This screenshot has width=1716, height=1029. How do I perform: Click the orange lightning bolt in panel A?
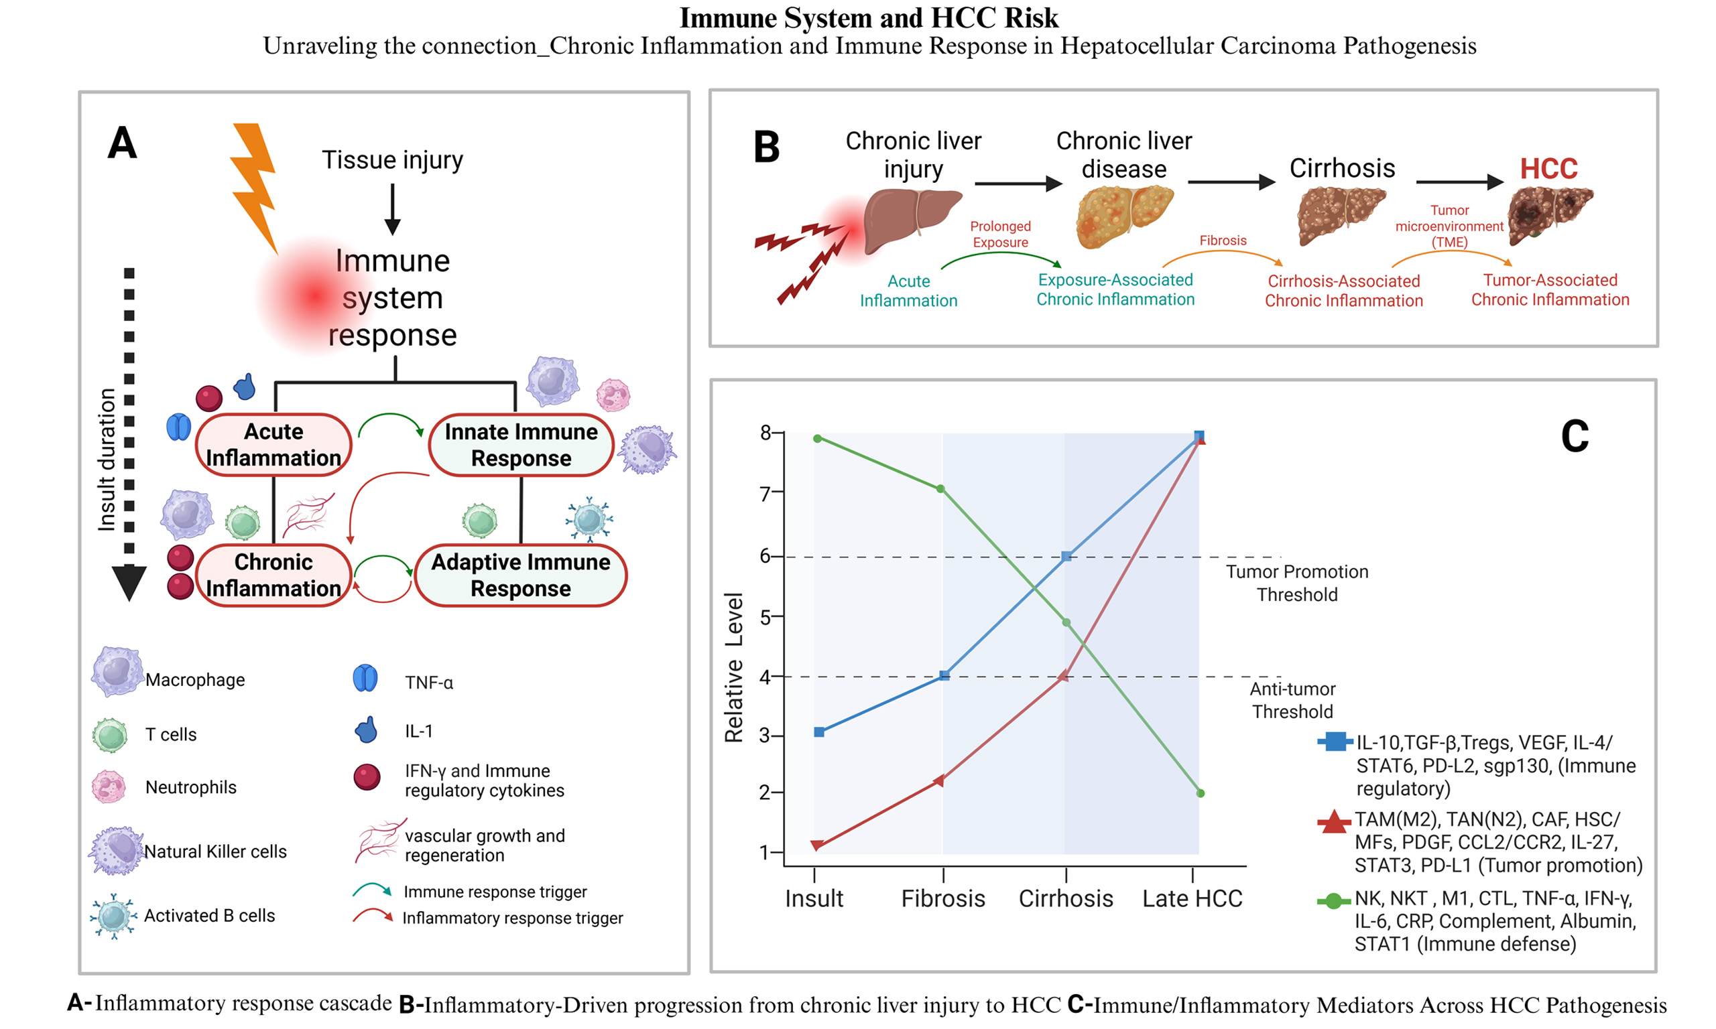(x=254, y=184)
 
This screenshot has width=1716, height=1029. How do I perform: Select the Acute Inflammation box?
(x=273, y=444)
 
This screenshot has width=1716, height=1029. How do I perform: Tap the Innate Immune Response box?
(x=521, y=445)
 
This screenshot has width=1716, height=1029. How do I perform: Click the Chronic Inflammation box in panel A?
(x=273, y=575)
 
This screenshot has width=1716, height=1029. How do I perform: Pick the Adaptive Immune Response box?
(x=520, y=575)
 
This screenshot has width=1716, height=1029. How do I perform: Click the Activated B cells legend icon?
(x=113, y=915)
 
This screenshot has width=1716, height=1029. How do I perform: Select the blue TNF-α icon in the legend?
(x=365, y=678)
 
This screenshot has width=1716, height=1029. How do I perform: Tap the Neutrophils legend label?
(x=191, y=787)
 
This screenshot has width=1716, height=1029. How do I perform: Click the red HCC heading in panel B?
(x=1548, y=169)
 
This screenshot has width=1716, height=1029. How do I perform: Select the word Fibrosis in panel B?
(x=1222, y=241)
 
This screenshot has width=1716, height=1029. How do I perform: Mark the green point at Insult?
(x=818, y=438)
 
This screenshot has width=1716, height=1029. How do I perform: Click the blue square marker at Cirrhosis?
(x=1066, y=556)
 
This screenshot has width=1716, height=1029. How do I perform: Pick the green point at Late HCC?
(x=1200, y=793)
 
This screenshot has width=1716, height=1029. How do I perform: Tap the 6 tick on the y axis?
(x=765, y=556)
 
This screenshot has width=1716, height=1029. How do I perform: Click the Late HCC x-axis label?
(x=1192, y=898)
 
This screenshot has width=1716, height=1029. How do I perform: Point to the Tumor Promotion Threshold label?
(x=1296, y=583)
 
